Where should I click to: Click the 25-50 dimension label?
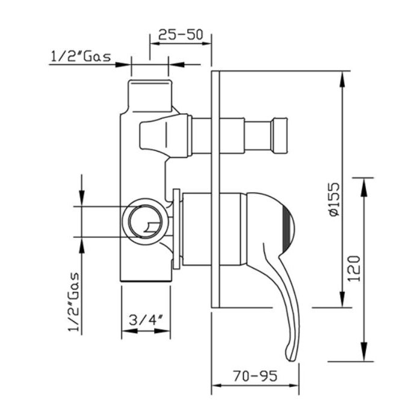pos(181,34)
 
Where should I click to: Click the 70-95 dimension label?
pos(255,375)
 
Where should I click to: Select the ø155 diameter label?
pos(334,199)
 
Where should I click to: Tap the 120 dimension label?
pos(354,268)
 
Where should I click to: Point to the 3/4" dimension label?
pos(146,320)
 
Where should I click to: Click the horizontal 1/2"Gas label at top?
pos(81,57)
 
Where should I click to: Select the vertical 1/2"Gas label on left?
pos(73,302)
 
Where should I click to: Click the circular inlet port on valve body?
pos(145,221)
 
